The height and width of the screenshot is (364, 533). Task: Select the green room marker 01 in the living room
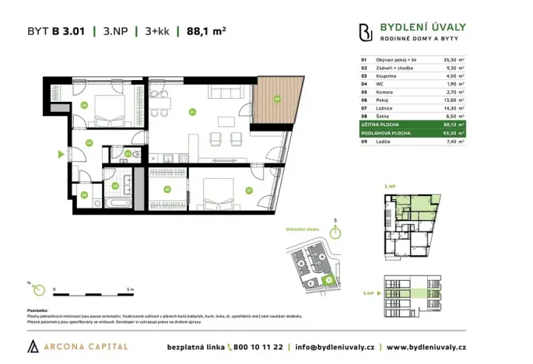click(191, 111)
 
